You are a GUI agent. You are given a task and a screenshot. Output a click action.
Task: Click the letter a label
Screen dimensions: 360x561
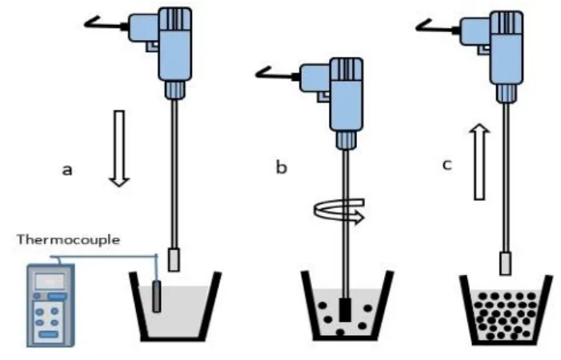click(68, 170)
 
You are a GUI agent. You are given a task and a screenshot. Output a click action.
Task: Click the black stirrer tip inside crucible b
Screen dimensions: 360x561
click(345, 307)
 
